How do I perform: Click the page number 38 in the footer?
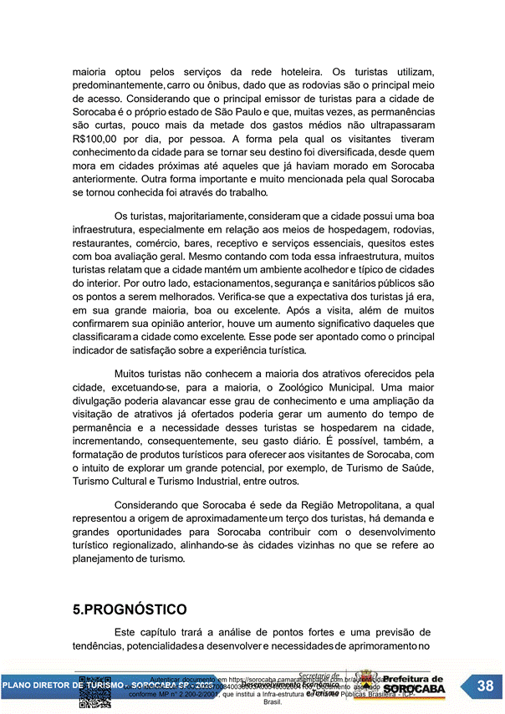(485, 686)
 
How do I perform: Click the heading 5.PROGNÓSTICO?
(130, 609)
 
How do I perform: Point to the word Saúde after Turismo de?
(414, 468)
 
